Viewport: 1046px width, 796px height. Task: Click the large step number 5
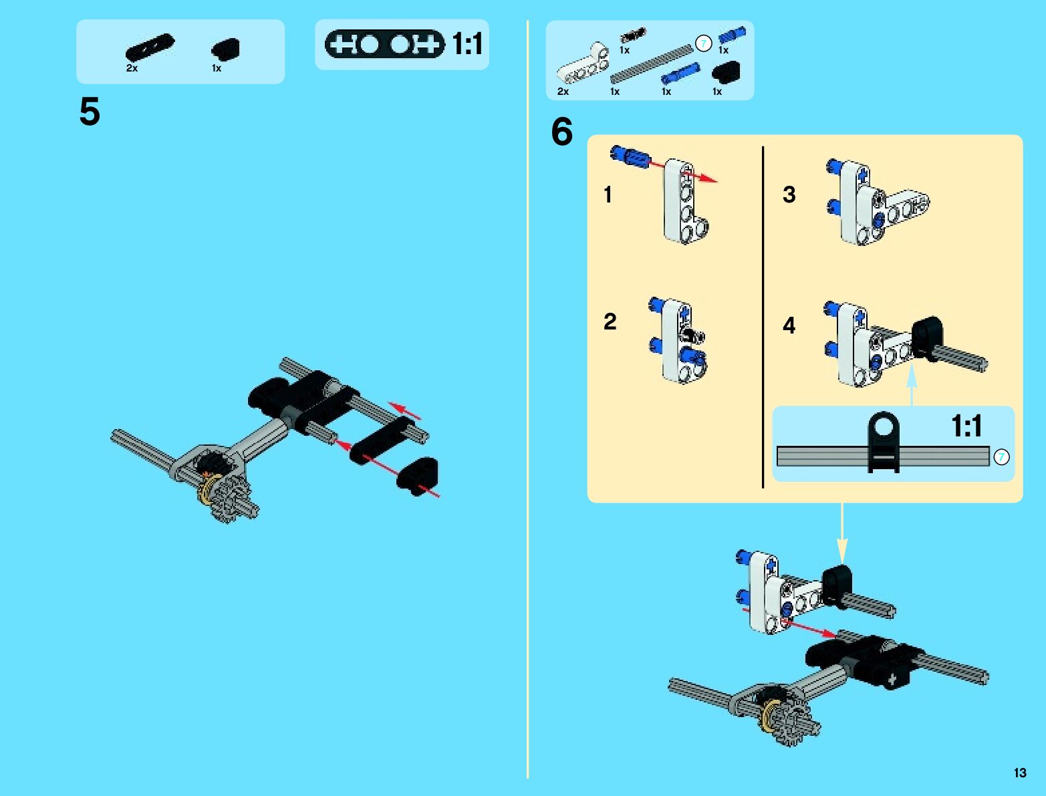pos(90,112)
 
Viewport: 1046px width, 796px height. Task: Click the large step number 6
pos(561,132)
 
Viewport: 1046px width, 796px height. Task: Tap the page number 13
pos(1019,773)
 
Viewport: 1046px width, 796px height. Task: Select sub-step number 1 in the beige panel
pos(608,194)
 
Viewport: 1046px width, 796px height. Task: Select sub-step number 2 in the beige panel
pos(610,321)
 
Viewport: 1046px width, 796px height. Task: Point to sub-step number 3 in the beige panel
pos(789,194)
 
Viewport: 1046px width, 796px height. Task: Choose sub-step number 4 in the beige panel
pos(789,325)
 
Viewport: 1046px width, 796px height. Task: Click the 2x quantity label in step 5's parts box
pos(132,68)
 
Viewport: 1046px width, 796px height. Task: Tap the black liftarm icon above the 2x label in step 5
pos(150,47)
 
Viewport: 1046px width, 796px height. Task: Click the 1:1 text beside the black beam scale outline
pos(467,45)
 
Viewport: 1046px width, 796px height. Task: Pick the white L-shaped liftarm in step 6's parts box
pos(583,65)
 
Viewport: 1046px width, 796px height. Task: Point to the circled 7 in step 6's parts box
pos(703,44)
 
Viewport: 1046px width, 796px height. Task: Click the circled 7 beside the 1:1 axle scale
pos(1001,457)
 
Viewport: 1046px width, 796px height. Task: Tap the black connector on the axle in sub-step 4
pos(926,338)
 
